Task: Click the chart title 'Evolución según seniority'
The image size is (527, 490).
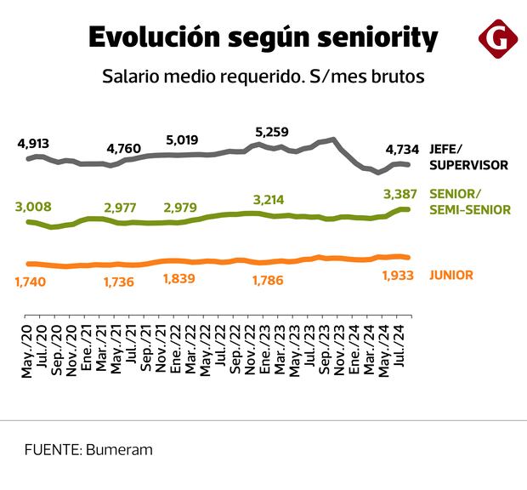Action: pos(263,37)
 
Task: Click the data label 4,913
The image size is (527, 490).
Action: pos(33,143)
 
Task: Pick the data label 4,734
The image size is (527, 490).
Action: pos(401,151)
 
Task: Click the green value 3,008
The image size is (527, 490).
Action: pos(32,207)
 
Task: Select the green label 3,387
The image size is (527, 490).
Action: pos(401,193)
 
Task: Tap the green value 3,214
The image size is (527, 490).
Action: pos(269,200)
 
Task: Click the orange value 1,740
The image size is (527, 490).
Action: pos(31,281)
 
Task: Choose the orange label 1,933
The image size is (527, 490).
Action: pos(398,276)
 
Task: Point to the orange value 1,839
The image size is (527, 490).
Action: pos(178,279)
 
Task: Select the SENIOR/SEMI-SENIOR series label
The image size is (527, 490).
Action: pos(470,201)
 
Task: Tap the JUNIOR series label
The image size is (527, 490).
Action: pos(451,275)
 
